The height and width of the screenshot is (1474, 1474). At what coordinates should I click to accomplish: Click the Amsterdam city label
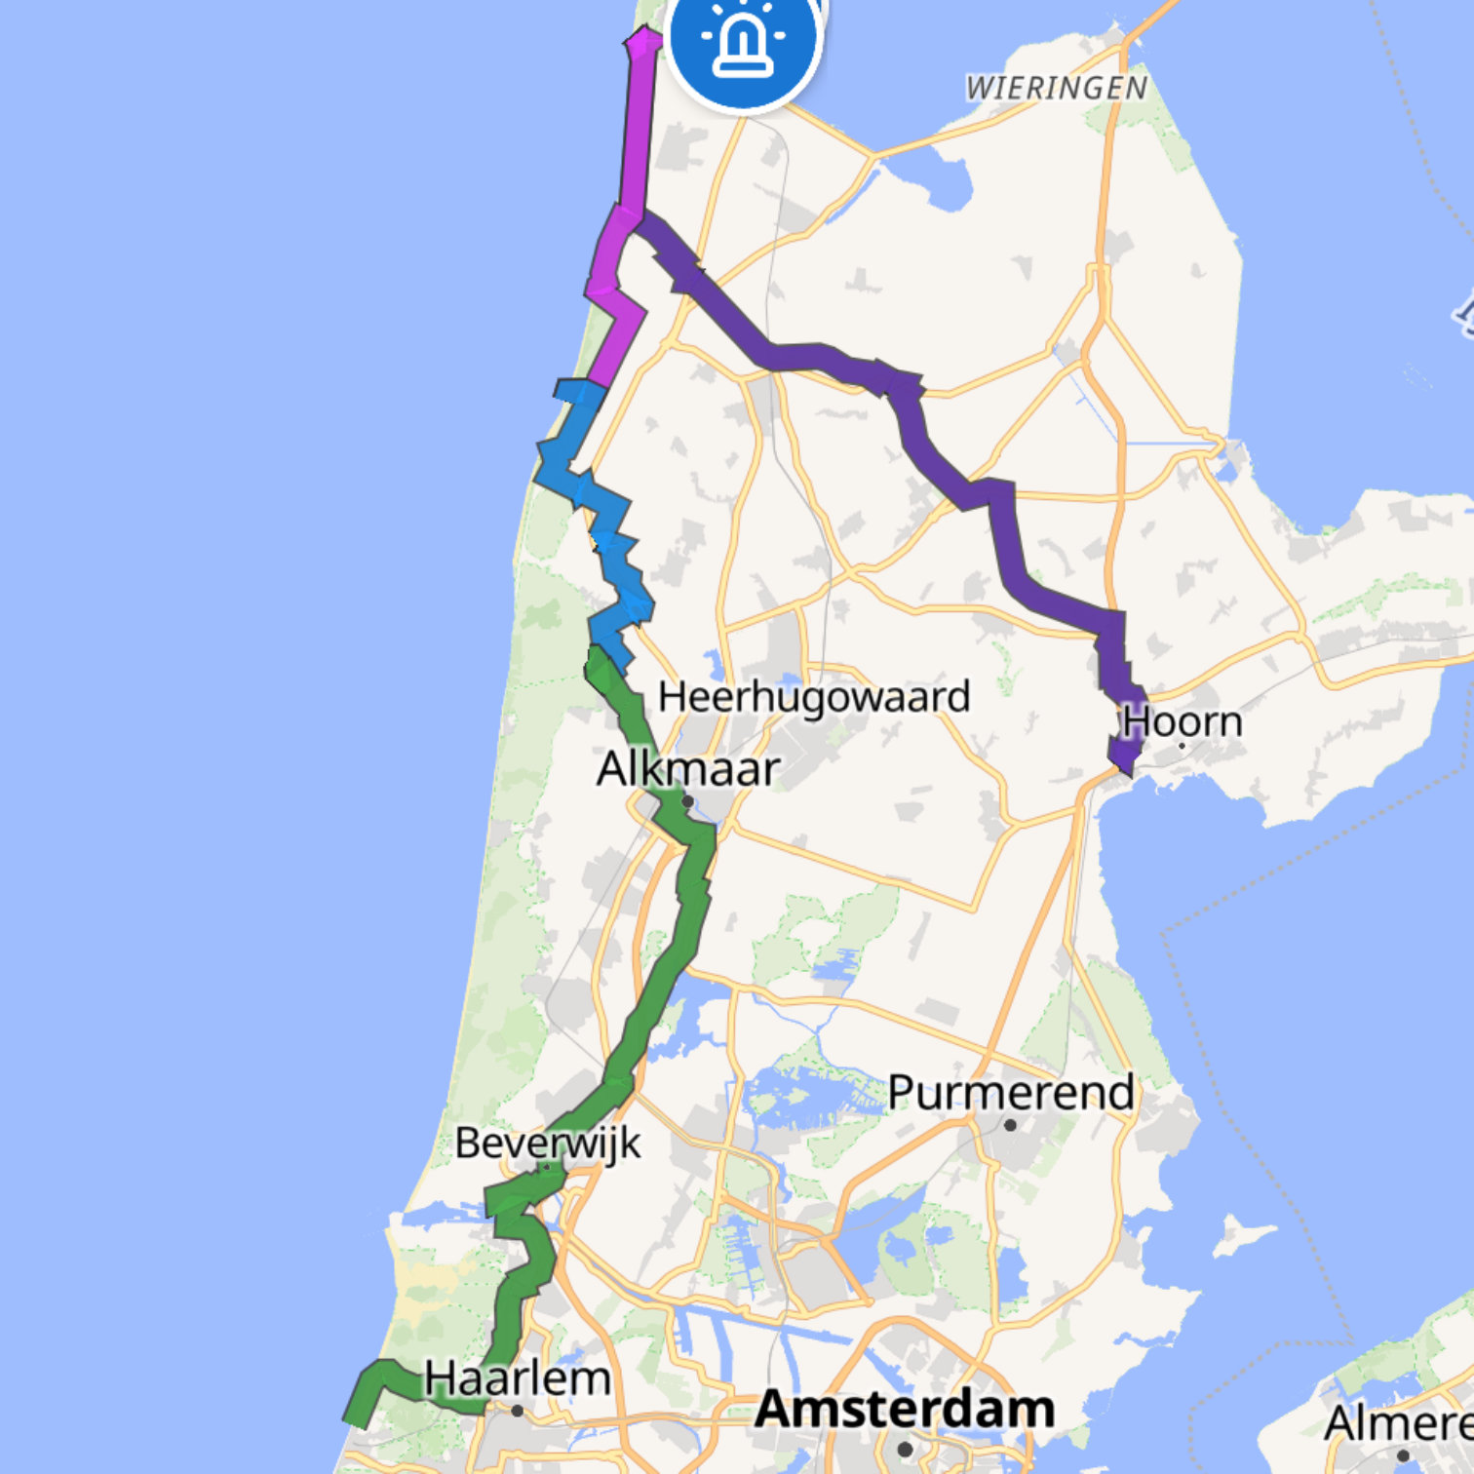[x=905, y=1410]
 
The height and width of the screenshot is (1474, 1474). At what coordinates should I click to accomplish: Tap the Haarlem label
[x=517, y=1379]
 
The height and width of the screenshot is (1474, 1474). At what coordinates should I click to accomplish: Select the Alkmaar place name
[x=687, y=769]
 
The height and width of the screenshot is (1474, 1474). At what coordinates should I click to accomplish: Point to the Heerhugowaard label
[x=814, y=697]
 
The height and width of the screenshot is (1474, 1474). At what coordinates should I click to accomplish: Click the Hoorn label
[x=1182, y=722]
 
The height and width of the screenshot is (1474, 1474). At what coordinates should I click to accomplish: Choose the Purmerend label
[x=1011, y=1092]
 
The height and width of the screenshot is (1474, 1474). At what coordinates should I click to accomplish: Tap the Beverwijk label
[x=548, y=1143]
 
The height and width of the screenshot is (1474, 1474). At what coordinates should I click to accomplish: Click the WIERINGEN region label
[x=1057, y=89]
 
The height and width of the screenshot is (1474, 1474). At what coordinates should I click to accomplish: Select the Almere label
[x=1398, y=1424]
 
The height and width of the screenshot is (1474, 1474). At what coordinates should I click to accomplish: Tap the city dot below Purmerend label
[x=1010, y=1125]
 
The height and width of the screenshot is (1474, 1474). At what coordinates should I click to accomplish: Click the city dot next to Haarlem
[x=517, y=1411]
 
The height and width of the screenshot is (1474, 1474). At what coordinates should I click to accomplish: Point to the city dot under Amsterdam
[x=905, y=1449]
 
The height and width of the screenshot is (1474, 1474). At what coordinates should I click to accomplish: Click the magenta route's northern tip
[x=643, y=37]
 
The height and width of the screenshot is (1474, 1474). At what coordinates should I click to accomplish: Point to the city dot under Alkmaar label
[x=687, y=801]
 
